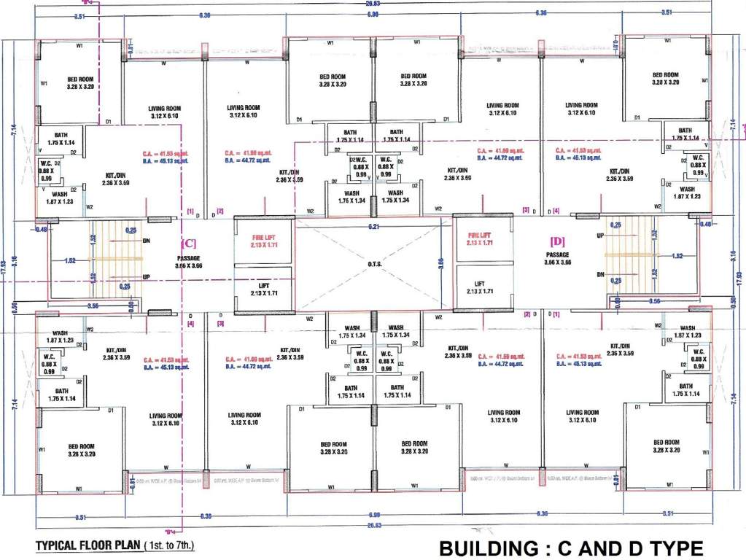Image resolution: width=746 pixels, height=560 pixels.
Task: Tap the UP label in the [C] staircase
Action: click(146, 278)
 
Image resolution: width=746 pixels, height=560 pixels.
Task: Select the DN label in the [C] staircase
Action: click(146, 240)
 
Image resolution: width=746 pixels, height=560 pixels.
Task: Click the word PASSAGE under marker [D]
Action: click(559, 254)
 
